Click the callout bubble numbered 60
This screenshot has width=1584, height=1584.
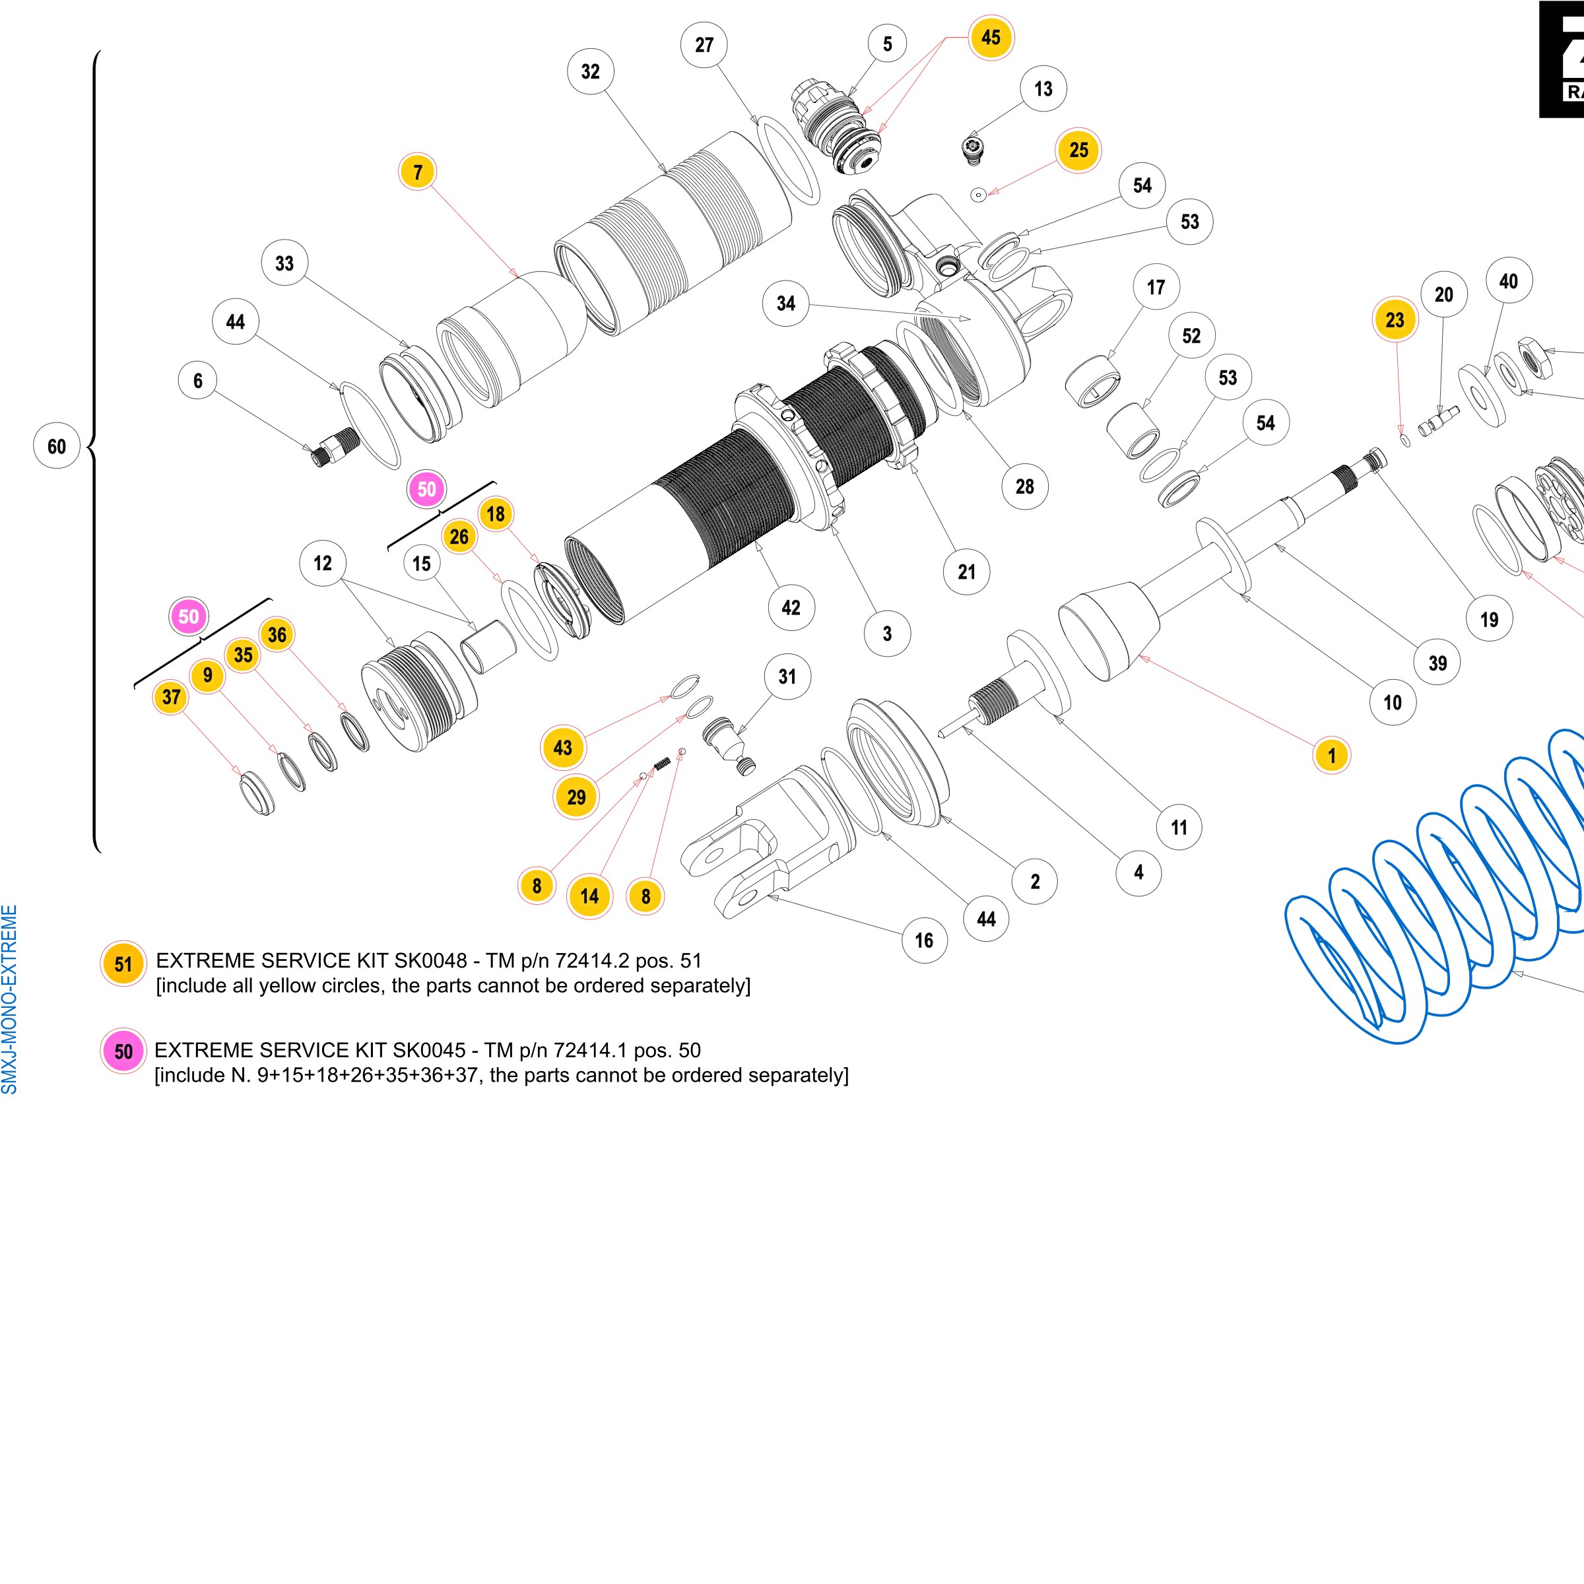tap(57, 446)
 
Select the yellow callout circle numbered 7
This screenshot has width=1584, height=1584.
tap(418, 172)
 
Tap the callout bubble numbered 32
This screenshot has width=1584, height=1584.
tap(590, 71)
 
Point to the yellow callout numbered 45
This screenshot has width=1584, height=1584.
tap(991, 37)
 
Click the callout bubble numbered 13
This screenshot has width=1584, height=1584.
tap(1043, 88)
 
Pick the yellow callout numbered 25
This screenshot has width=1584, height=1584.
tap(1079, 150)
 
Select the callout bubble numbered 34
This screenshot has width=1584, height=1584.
tap(786, 304)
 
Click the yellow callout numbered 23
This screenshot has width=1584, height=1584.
tap(1395, 319)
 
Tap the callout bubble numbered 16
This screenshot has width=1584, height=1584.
tap(924, 940)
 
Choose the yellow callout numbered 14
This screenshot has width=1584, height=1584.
tap(589, 896)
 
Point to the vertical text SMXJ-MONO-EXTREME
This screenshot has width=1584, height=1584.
tap(9, 999)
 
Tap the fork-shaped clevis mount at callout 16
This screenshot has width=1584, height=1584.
tap(766, 845)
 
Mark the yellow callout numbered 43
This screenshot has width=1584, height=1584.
tap(562, 748)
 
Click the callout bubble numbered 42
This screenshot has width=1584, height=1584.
tap(791, 607)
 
